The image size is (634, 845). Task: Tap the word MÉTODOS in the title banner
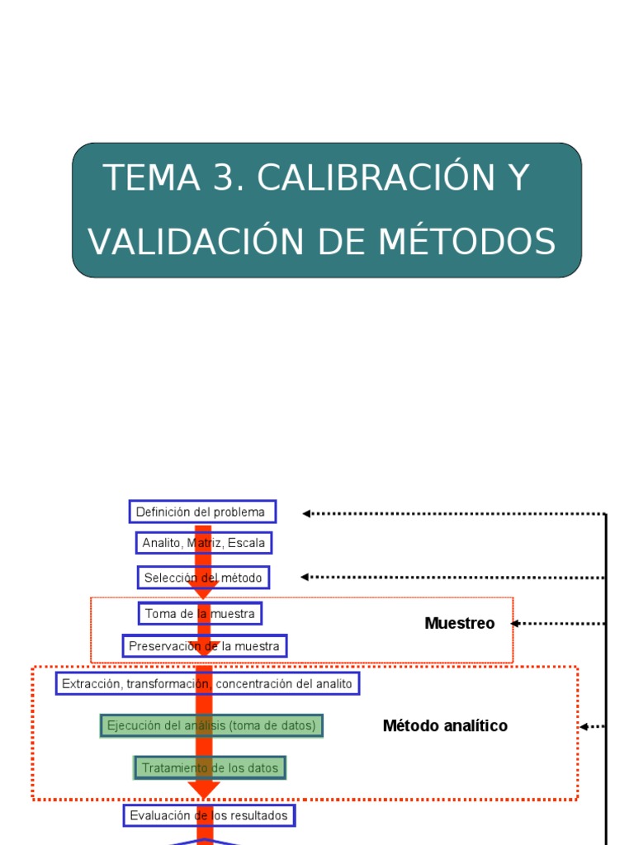tap(467, 241)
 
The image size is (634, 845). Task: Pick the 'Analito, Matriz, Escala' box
tap(204, 543)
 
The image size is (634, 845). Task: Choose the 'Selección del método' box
tap(203, 578)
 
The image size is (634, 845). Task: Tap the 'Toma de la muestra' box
tap(200, 613)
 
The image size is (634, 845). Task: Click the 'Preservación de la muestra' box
tap(204, 645)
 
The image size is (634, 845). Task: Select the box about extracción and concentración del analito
tap(207, 683)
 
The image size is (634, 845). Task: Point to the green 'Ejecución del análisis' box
tap(211, 725)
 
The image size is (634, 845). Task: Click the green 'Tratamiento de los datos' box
tap(210, 767)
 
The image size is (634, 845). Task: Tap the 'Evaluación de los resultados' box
tap(210, 815)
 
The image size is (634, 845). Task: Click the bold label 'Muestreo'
tap(460, 624)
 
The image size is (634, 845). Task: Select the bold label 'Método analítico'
tap(445, 726)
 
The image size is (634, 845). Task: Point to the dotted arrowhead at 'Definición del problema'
tap(306, 513)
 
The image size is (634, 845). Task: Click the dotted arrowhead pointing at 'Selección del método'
tap(305, 578)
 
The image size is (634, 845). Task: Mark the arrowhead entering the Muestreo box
tap(515, 624)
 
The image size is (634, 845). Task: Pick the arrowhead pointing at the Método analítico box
tap(583, 727)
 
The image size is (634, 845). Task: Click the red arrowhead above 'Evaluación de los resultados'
tap(204, 790)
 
